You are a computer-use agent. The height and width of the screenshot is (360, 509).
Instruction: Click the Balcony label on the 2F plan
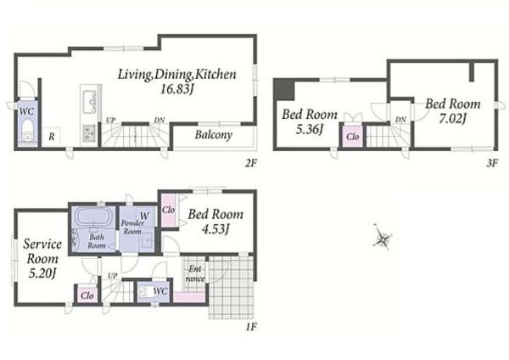click(213, 135)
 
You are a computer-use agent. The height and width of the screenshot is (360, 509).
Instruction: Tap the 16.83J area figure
click(177, 89)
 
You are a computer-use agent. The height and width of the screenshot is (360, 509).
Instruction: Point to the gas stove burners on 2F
click(88, 133)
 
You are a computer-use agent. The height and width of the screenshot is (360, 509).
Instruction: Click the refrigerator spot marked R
click(51, 137)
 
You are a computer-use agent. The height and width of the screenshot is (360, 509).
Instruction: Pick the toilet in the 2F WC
click(27, 131)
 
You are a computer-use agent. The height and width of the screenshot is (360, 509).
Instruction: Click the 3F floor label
click(492, 163)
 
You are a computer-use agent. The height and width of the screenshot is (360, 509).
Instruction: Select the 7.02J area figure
click(452, 119)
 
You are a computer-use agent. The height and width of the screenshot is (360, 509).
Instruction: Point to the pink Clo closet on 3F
click(352, 136)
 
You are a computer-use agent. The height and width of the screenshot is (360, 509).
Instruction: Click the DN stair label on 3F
click(400, 120)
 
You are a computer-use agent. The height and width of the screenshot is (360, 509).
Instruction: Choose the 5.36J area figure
click(310, 130)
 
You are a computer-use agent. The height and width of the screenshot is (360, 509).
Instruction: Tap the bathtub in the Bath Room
click(93, 216)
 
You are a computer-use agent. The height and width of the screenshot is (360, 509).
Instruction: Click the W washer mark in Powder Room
click(144, 216)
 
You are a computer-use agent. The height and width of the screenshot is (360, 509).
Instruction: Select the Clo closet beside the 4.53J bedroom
click(169, 211)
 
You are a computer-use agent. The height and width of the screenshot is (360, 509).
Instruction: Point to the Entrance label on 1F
click(195, 273)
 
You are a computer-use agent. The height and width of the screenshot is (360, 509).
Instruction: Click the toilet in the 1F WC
click(144, 291)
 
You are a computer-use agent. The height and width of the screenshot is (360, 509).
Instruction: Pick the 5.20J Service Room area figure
click(42, 273)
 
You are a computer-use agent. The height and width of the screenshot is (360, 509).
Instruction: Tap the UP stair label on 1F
click(112, 276)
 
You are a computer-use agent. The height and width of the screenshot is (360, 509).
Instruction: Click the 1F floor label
click(251, 326)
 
